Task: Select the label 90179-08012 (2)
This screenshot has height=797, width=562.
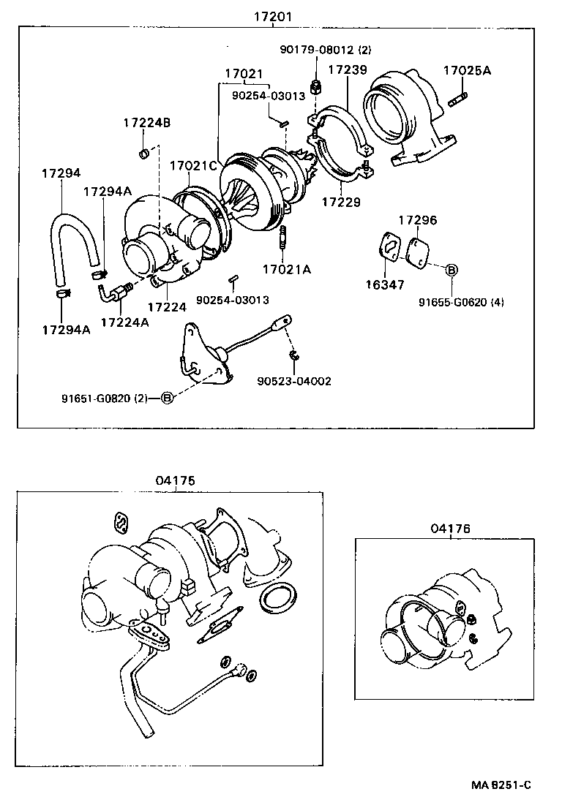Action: pyautogui.click(x=326, y=50)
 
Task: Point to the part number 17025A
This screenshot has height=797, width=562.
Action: pyautogui.click(x=467, y=71)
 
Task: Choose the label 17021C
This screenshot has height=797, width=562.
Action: pyautogui.click(x=194, y=165)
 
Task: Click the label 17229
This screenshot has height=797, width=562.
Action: pyautogui.click(x=341, y=201)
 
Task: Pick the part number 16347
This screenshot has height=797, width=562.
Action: pyautogui.click(x=385, y=285)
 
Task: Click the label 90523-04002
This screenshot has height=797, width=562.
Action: pyautogui.click(x=294, y=381)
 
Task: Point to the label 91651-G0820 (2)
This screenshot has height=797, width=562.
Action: pyautogui.click(x=105, y=398)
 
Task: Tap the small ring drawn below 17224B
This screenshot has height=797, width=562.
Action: pyautogui.click(x=144, y=154)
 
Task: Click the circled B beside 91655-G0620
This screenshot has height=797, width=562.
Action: pyautogui.click(x=452, y=271)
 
